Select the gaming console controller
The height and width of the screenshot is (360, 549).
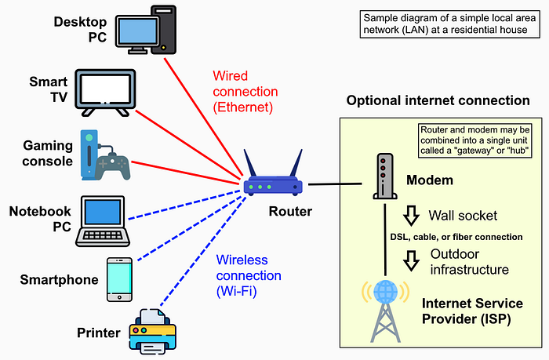coord(113,162)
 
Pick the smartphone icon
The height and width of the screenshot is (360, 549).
coord(118,278)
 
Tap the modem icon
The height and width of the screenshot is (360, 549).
coord(381,177)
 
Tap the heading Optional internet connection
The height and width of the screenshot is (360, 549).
coord(438,101)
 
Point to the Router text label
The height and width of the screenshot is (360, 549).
coord(290,211)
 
